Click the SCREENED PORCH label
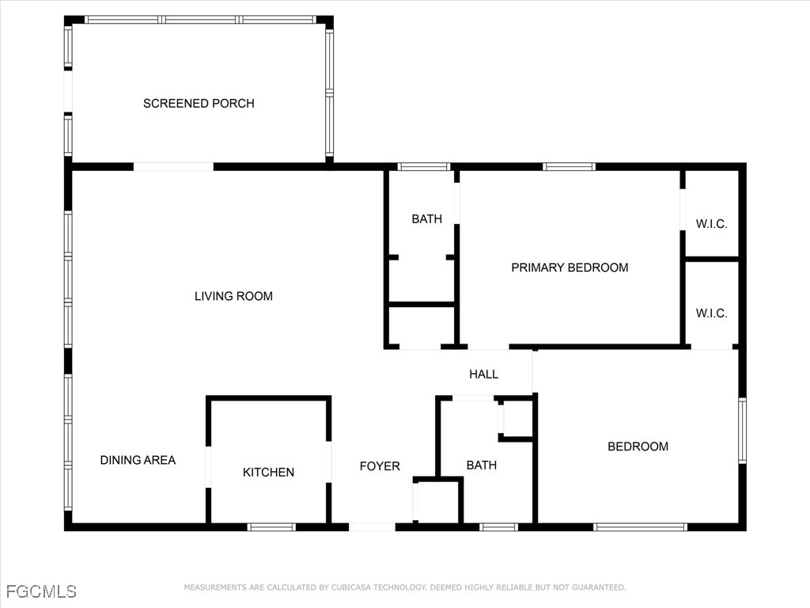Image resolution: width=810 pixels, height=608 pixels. click(x=199, y=104)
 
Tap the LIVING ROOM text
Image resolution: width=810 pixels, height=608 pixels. click(x=233, y=296)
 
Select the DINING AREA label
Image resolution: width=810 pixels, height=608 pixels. click(x=138, y=460)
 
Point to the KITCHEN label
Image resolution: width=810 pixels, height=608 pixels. click(x=268, y=473)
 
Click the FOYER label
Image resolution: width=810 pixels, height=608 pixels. click(x=380, y=466)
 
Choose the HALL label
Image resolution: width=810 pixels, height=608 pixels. click(x=483, y=374)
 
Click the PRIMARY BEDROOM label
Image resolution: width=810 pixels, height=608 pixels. click(x=570, y=268)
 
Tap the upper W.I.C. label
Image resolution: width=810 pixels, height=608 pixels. click(x=711, y=224)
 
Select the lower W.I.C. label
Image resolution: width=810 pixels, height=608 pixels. click(x=711, y=313)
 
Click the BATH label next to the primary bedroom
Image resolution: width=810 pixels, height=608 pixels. click(x=426, y=219)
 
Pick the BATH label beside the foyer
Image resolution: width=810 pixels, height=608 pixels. click(x=481, y=465)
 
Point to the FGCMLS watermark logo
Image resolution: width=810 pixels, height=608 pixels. click(x=41, y=591)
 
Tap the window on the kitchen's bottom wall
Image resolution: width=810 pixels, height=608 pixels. click(x=271, y=526)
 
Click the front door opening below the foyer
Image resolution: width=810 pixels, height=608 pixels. click(x=372, y=526)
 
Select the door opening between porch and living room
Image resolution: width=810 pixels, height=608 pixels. click(x=173, y=167)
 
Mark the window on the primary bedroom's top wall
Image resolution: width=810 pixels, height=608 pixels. click(x=569, y=167)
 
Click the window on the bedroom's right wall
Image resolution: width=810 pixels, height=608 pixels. click(x=742, y=430)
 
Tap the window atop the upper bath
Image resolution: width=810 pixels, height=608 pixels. click(x=423, y=167)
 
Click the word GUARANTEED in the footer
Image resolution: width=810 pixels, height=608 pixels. click(x=596, y=587)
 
